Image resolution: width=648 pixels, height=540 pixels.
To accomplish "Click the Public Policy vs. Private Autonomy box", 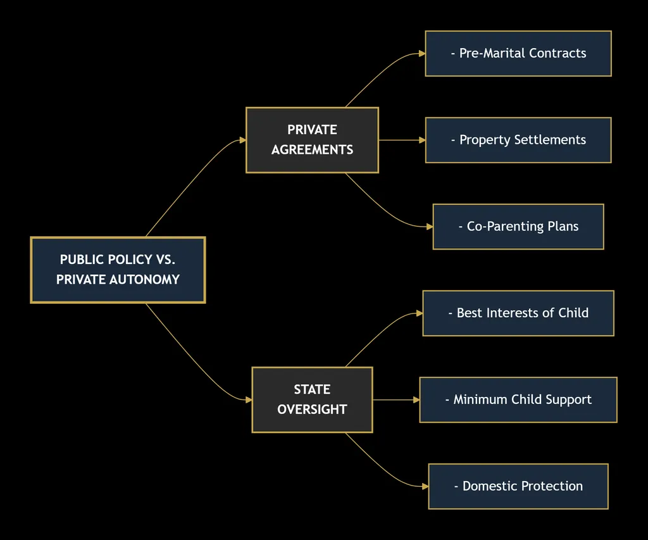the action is (x=118, y=270).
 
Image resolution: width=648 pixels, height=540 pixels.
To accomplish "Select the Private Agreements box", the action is (x=312, y=140).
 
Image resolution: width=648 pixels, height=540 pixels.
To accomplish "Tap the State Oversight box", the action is (x=312, y=400).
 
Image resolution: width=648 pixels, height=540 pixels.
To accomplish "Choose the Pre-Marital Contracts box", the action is (x=518, y=53).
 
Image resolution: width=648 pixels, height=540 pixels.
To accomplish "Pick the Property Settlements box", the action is (x=518, y=140).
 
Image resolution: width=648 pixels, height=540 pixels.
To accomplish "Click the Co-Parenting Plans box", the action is (x=518, y=227).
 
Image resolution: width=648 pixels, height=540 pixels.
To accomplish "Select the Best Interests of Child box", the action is (x=518, y=313).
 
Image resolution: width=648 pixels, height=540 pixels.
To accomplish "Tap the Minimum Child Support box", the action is (x=518, y=400).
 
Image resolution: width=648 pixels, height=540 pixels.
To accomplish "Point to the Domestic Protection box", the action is (x=518, y=486).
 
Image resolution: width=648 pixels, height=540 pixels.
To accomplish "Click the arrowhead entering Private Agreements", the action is (x=243, y=140).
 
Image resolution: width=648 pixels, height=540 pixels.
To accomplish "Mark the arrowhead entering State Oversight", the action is (x=249, y=400).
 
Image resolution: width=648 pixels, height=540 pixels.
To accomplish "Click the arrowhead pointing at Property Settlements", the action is (x=422, y=140).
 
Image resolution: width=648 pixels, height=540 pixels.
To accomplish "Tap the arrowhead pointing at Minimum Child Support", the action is (x=416, y=400).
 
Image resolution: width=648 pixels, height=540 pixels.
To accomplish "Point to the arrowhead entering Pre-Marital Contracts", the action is (x=422, y=53).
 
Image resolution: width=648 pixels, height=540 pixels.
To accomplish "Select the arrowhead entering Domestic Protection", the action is (x=426, y=486).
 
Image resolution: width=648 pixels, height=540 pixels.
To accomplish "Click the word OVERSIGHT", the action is (x=312, y=410).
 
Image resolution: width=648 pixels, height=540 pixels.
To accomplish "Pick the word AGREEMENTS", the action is (x=312, y=149).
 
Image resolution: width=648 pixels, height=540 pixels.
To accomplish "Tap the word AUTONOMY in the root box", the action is (x=144, y=280).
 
